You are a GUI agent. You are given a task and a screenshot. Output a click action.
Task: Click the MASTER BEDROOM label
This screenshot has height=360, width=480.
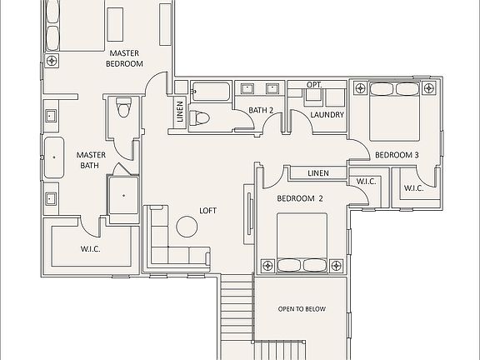pyautogui.click(x=125, y=57)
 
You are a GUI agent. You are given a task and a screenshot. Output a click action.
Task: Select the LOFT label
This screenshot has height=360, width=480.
pyautogui.click(x=207, y=211)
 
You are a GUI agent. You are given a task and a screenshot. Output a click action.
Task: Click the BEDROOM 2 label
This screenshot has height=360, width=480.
pyautogui.click(x=299, y=198)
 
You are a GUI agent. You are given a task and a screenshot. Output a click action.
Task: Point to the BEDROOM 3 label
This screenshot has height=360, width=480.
pyautogui.click(x=396, y=155)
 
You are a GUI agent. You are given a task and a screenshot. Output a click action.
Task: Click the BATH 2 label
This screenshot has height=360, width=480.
pyautogui.click(x=262, y=110)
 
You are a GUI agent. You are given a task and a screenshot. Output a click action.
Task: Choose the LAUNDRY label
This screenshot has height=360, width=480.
pyautogui.click(x=327, y=115)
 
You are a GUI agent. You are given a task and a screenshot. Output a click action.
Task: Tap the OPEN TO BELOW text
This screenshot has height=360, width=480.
pyautogui.click(x=301, y=309)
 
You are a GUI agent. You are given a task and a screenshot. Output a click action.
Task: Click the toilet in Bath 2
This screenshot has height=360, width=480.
pyautogui.click(x=200, y=118)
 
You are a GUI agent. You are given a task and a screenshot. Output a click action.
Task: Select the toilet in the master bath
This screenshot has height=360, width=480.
pyautogui.click(x=123, y=107)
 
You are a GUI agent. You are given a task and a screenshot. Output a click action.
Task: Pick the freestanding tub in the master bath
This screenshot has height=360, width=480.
pyautogui.click(x=54, y=158)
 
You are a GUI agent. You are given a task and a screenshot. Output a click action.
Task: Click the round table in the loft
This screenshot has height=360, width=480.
pyautogui.click(x=184, y=226)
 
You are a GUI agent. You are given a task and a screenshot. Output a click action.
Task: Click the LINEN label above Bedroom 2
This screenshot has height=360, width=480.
pyautogui.click(x=318, y=173)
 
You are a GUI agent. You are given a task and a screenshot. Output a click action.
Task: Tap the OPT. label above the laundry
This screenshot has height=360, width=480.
pyautogui.click(x=313, y=85)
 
